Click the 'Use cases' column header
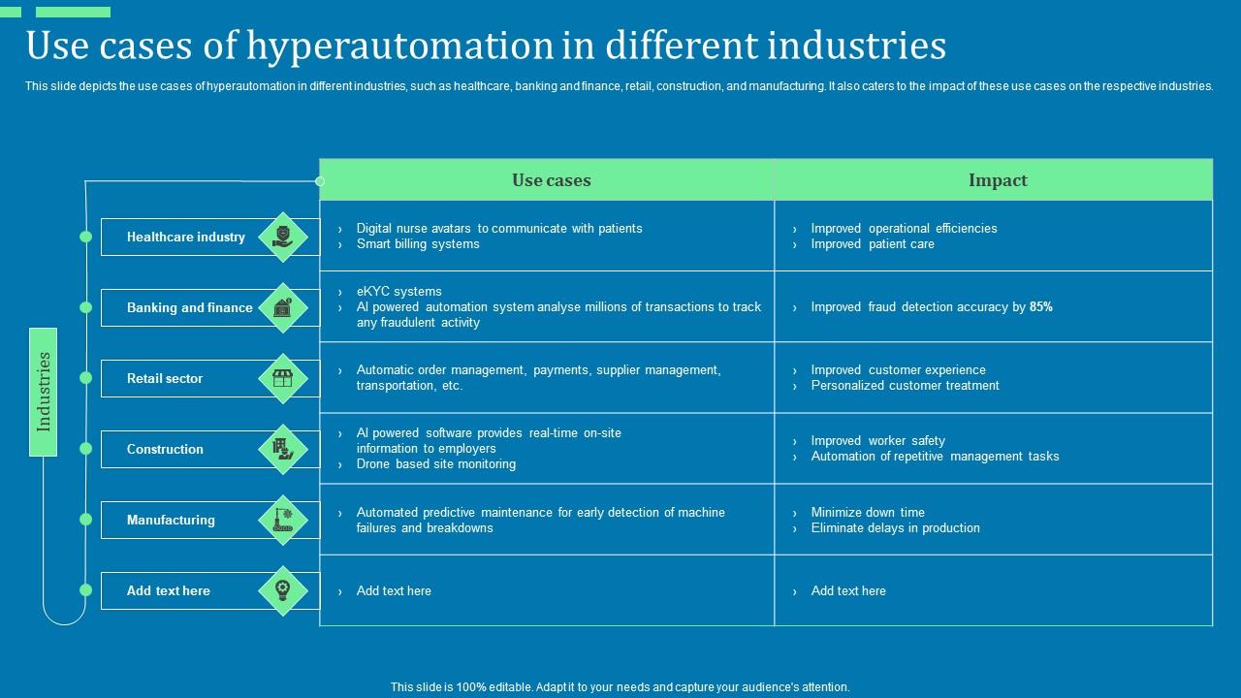(551, 180)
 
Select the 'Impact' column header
(997, 180)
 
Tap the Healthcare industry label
(185, 238)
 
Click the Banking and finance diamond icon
(283, 308)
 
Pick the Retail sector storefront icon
(283, 379)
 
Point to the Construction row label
(165, 450)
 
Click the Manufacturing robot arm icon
(283, 521)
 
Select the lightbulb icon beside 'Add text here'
(283, 590)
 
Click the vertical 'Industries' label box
(44, 392)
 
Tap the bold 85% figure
(1041, 307)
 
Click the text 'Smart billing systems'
(418, 244)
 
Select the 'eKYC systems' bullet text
(398, 292)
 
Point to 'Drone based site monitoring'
(435, 464)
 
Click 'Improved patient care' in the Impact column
(873, 244)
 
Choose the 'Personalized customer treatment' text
(905, 386)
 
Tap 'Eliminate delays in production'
(895, 528)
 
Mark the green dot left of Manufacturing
(85, 520)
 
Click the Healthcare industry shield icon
(283, 237)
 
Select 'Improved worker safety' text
(877, 441)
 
